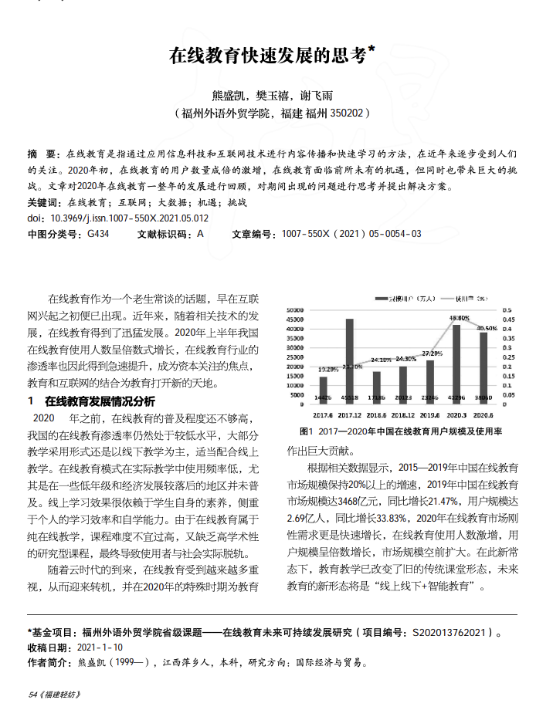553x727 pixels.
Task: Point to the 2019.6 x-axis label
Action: coord(430,414)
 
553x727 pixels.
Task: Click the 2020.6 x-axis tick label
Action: coord(483,414)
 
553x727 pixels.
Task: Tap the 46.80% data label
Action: coord(458,317)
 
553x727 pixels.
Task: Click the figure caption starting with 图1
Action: coord(401,431)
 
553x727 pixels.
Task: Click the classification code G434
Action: coord(98,233)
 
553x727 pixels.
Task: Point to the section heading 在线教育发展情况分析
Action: coord(100,401)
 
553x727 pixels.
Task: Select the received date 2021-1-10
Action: coord(100,648)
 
